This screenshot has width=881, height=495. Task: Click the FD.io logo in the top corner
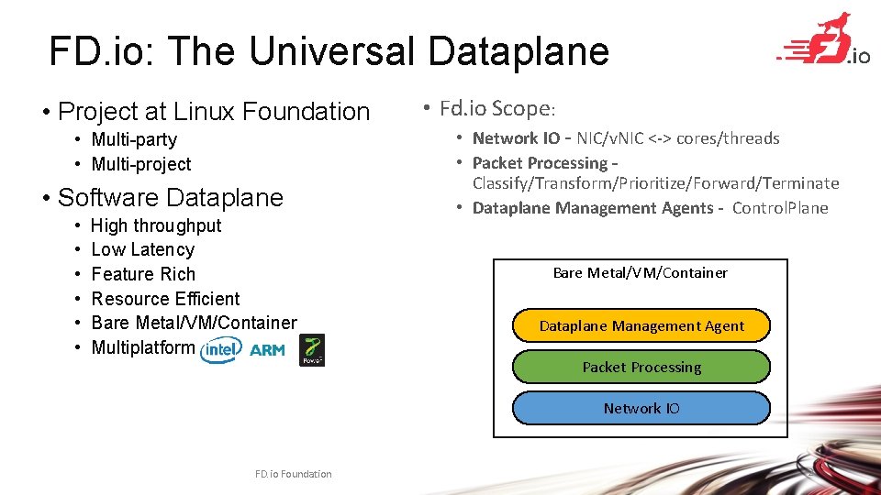(x=824, y=41)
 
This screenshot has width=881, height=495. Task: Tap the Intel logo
(x=220, y=349)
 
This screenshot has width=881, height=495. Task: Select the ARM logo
(x=267, y=349)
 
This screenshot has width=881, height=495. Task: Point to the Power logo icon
(x=312, y=350)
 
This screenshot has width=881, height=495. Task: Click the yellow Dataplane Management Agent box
(x=641, y=325)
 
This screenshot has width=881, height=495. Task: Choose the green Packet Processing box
(x=641, y=367)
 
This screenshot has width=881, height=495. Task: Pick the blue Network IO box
(x=641, y=408)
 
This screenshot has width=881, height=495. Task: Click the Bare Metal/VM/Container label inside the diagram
(x=640, y=272)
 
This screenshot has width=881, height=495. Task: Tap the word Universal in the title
(x=332, y=51)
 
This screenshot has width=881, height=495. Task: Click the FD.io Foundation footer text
(x=294, y=474)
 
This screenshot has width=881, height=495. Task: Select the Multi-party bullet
(x=134, y=139)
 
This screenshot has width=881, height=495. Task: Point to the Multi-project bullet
(x=141, y=164)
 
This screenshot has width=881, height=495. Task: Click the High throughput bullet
(x=156, y=225)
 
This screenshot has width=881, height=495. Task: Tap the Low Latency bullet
(x=143, y=249)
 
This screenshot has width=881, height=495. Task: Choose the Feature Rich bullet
(x=143, y=274)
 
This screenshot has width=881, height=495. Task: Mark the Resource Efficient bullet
(x=165, y=299)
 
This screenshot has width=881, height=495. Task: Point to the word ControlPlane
(x=780, y=208)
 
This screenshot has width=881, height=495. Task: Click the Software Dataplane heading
(x=170, y=197)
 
